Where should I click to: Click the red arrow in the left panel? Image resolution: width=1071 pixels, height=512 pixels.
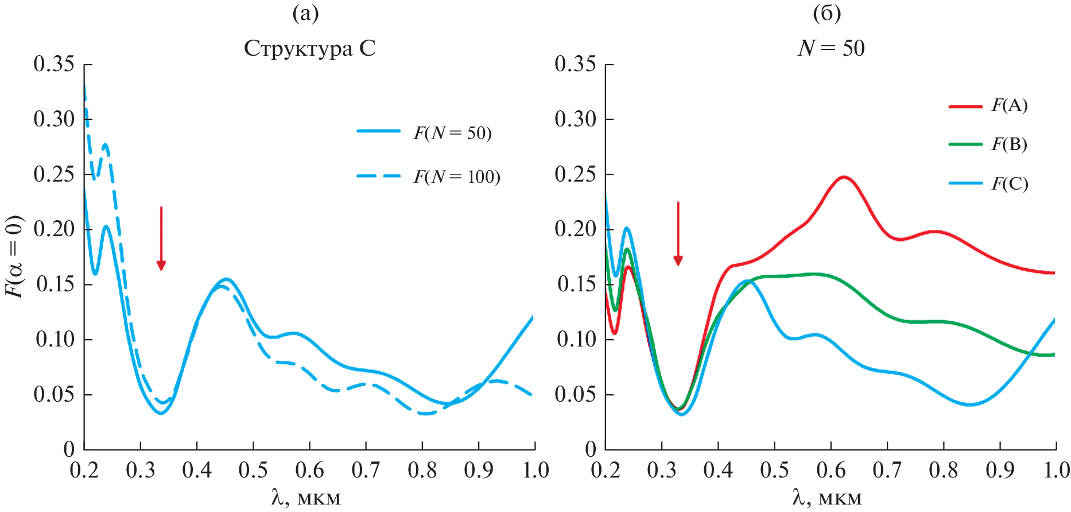pos(161,238)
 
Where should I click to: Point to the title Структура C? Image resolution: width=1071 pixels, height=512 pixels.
pos(309,48)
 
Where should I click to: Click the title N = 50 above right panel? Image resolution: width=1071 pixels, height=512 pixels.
pos(831,48)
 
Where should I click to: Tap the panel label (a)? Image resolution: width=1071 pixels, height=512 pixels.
pos(305,13)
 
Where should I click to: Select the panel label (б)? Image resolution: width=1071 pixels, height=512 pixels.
pos(826,13)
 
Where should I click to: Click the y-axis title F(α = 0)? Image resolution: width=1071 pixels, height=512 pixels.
pos(15,256)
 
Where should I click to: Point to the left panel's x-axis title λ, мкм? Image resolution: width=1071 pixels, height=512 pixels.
pos(306,497)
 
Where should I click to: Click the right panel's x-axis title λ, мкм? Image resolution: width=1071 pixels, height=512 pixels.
pos(827,497)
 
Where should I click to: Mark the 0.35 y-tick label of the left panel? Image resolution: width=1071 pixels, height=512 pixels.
pos(54,64)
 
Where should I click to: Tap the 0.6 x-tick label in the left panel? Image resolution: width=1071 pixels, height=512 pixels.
pos(309,471)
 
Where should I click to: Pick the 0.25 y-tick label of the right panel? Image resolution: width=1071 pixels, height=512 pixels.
pos(575,175)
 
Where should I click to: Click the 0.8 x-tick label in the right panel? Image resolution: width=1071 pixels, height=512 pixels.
pos(944,471)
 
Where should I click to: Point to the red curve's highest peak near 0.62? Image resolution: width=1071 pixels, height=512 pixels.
pos(844,178)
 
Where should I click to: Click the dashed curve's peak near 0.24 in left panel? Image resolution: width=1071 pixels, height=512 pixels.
pos(106,145)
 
